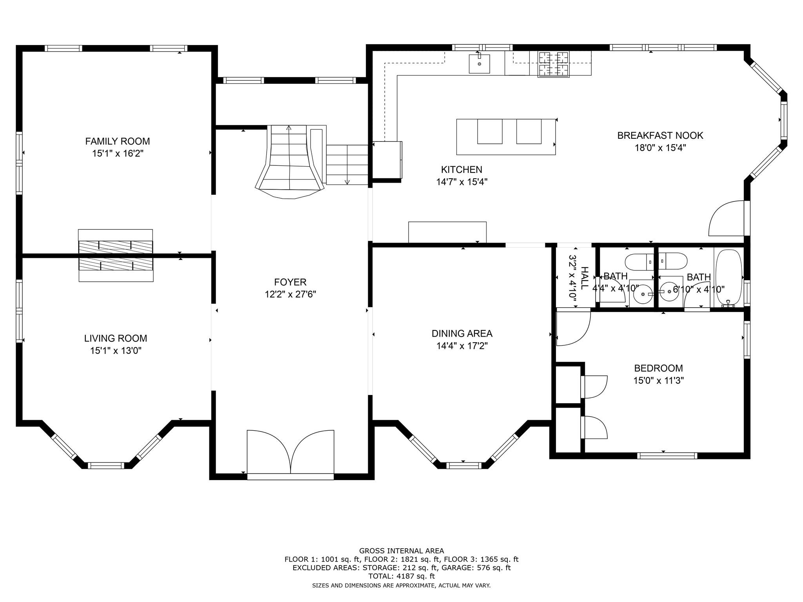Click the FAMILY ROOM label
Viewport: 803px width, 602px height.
click(x=118, y=141)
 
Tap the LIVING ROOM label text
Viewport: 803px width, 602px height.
click(x=116, y=338)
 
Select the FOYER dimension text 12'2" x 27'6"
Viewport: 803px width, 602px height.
click(x=291, y=294)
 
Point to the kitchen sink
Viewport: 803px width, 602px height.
click(x=479, y=64)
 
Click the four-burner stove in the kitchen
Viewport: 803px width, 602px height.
click(x=554, y=64)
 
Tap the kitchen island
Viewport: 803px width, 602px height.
click(x=506, y=137)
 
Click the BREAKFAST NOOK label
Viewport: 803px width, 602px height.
click(x=660, y=136)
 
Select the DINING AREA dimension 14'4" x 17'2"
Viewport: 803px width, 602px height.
click(x=462, y=346)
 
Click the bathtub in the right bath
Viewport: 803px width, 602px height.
click(x=729, y=278)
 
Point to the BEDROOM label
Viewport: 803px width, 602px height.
click(x=659, y=368)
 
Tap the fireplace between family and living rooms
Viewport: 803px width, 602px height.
click(x=116, y=256)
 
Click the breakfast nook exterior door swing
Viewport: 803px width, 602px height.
click(x=727, y=218)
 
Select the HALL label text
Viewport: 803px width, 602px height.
click(x=584, y=278)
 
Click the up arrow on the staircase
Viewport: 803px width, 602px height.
click(x=289, y=127)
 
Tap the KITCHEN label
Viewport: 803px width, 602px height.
click(x=461, y=170)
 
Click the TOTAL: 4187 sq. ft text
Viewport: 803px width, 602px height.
click(x=401, y=576)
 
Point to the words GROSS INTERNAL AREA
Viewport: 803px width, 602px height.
click(x=401, y=551)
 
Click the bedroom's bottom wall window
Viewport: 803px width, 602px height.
click(x=667, y=455)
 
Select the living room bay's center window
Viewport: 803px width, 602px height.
click(x=106, y=466)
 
